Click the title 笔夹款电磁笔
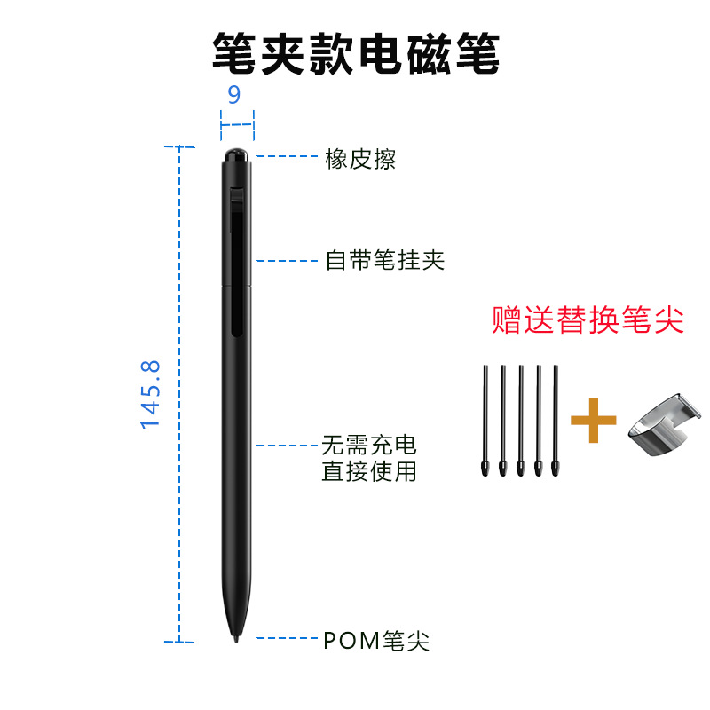(x=355, y=54)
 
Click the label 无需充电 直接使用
(x=369, y=457)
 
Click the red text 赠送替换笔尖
(x=588, y=320)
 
